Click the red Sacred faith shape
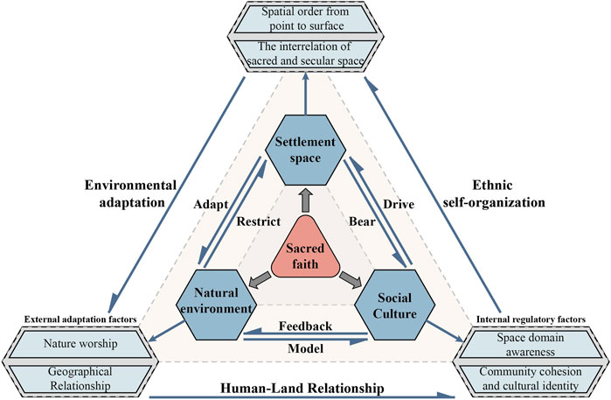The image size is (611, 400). point(305,251)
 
